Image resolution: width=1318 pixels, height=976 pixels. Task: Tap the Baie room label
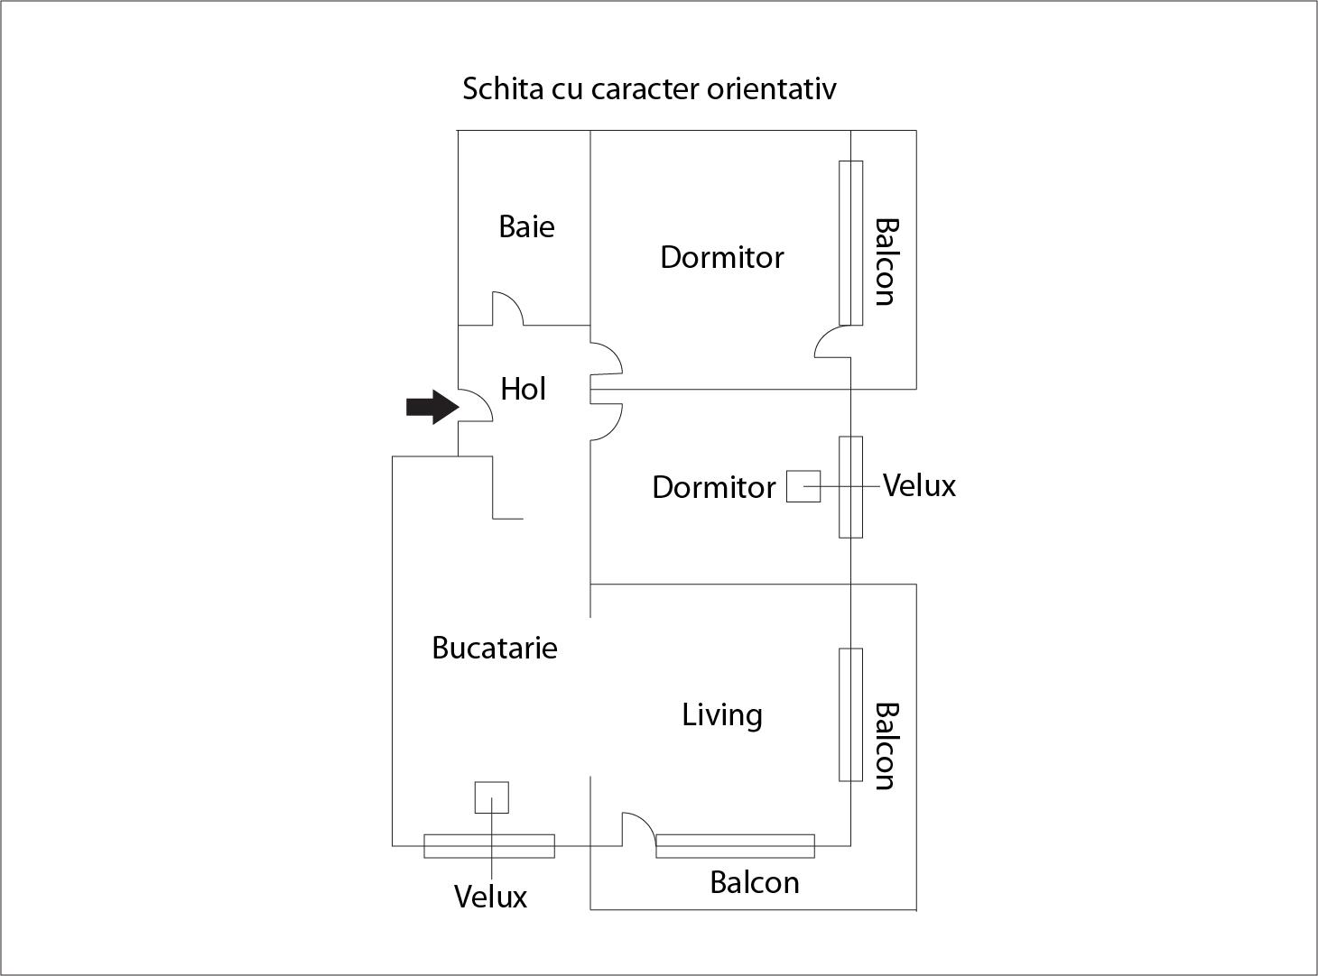526,226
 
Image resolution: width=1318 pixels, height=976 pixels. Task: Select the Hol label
524,389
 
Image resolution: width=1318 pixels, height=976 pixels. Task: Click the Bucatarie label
495,648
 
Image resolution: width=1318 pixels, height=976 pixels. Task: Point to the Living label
722,715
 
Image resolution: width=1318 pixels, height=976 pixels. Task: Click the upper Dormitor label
722,257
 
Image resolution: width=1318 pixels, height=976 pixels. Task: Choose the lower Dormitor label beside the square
714,487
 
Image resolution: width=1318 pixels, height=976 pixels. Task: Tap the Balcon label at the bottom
755,882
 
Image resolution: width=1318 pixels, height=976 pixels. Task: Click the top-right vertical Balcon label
886,262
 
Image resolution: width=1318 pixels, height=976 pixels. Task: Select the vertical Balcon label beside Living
886,746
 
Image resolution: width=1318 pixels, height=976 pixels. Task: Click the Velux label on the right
919,485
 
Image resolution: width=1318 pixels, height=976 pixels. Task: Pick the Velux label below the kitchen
490,897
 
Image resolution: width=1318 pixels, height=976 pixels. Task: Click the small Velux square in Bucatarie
492,797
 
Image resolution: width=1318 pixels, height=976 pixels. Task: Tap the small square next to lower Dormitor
803,486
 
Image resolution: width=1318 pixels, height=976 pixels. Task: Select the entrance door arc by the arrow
476,407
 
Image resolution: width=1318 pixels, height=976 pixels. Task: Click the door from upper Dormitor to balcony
832,342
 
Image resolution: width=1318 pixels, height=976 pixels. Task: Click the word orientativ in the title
772,88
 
